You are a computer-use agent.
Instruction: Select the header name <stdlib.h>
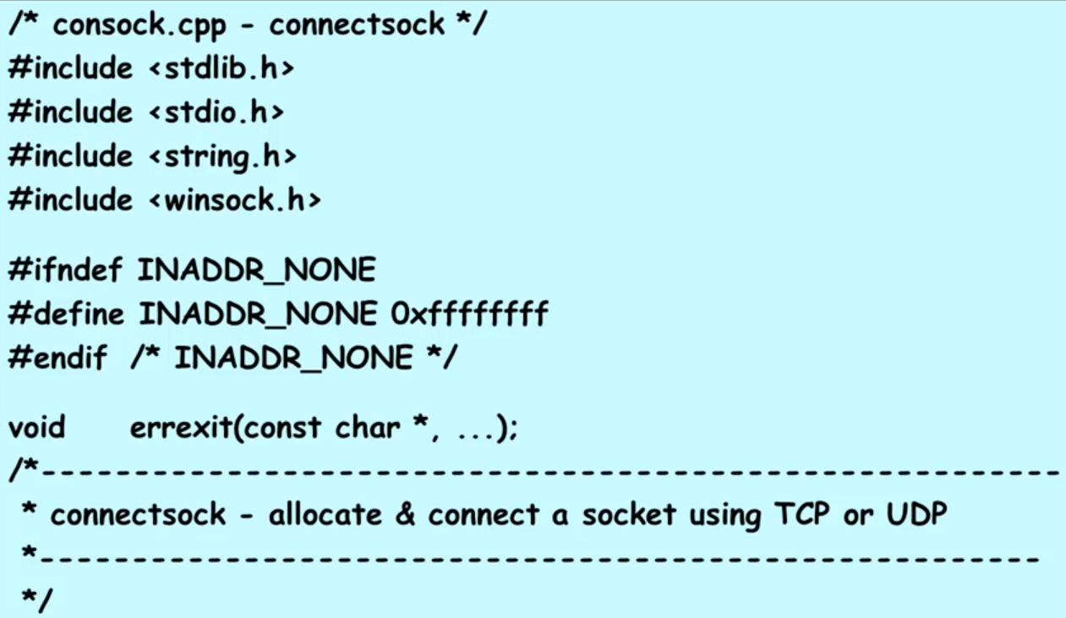(221, 68)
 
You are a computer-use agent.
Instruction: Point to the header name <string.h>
(221, 156)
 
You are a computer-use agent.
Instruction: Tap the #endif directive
(57, 358)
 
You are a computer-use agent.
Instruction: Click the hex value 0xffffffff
(470, 314)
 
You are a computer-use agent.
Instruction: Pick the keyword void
(36, 427)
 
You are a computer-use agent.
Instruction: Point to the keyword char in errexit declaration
(367, 427)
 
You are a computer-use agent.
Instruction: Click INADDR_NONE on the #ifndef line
(256, 271)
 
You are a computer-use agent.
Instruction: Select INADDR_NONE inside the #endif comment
(293, 358)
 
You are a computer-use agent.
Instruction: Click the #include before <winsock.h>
(71, 200)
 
